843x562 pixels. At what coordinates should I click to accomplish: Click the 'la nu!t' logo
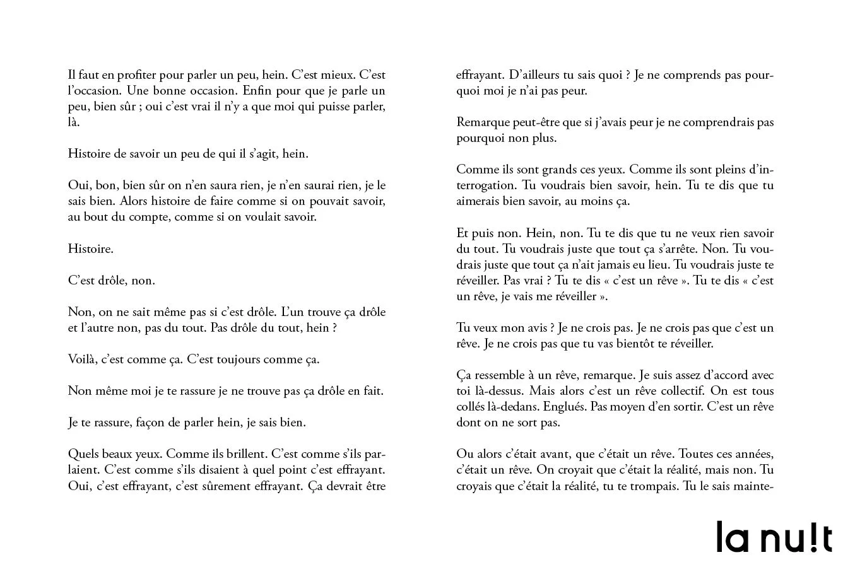[x=774, y=537]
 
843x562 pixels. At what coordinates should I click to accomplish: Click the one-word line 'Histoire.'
[x=91, y=249]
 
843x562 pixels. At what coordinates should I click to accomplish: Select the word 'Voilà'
[x=82, y=360]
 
